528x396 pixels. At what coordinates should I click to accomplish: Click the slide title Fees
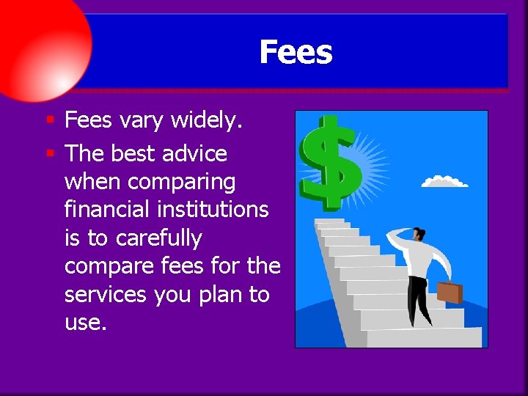coord(296,52)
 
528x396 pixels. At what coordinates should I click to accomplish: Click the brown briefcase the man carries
coord(450,291)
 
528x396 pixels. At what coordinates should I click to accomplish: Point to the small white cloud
coord(445,180)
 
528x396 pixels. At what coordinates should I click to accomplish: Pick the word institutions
coord(216,210)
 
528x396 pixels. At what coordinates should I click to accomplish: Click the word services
coord(106,295)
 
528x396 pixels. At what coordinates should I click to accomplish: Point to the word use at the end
coord(85,323)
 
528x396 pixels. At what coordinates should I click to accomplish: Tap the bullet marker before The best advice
coord(50,153)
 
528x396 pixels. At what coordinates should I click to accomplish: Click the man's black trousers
coord(418,297)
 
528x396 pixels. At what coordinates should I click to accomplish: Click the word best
coord(132,153)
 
